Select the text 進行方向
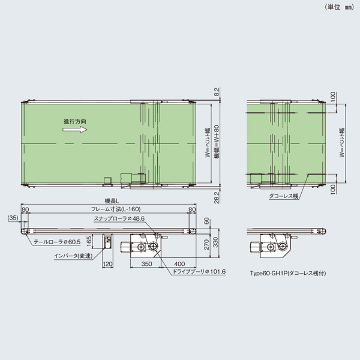point(76,121)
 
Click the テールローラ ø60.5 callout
point(56,242)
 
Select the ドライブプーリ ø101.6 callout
point(199,272)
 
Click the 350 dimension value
point(146,263)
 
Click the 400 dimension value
point(179,263)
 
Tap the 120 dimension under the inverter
point(108,263)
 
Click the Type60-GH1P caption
point(289,272)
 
